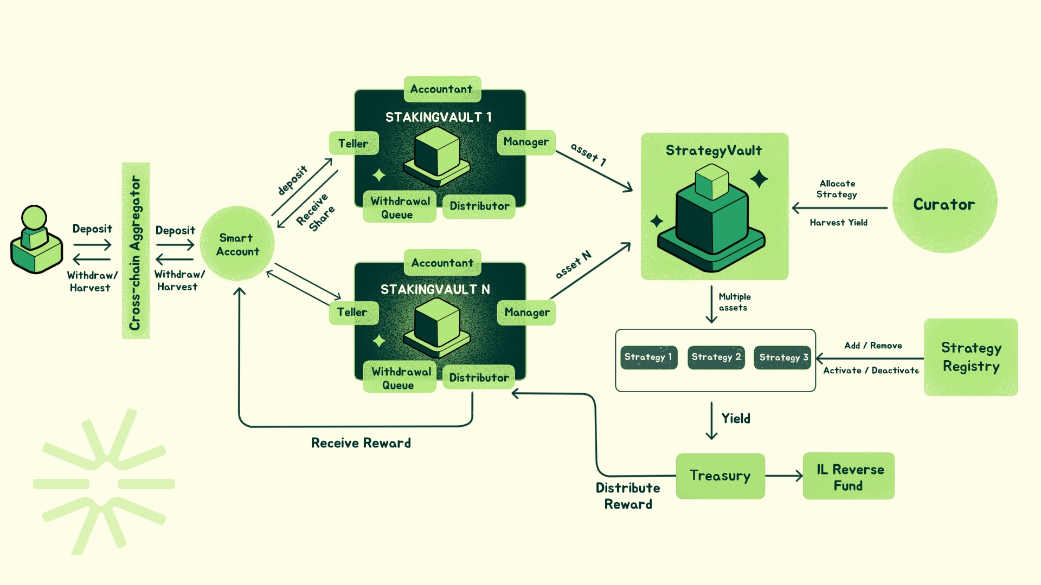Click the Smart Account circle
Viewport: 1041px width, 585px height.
237,244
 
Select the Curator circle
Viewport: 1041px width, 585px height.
944,201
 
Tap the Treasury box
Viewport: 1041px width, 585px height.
720,476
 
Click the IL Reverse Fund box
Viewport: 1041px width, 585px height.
849,476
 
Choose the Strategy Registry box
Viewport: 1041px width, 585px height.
971,357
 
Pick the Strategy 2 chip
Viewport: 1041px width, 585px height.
716,357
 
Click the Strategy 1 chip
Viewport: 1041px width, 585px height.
648,357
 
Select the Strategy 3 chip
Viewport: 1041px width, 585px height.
783,357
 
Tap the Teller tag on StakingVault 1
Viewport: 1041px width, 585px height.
354,144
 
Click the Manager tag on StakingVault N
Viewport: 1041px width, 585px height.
526,313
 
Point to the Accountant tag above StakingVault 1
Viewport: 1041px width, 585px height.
442,89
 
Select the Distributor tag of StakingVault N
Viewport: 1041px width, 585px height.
479,378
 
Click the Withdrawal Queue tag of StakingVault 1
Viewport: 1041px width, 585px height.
400,207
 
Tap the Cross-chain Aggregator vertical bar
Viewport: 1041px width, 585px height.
136,251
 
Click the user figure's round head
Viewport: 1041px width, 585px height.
34,217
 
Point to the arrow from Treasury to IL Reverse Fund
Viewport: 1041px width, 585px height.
783,476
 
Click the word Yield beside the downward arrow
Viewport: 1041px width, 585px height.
736,419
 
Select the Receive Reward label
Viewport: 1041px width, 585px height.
361,443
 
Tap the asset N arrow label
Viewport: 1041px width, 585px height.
573,265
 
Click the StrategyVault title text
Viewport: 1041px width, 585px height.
714,151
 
